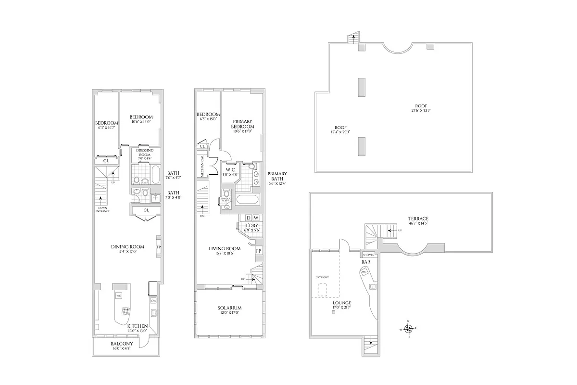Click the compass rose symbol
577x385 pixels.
click(x=408, y=329)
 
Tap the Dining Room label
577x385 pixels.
click(x=125, y=247)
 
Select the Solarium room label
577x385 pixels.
click(x=229, y=308)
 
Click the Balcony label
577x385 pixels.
click(x=122, y=344)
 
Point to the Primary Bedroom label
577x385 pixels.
click(x=243, y=124)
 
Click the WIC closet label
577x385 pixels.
click(x=230, y=169)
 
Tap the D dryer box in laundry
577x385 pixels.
click(x=248, y=218)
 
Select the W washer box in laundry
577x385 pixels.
click(x=256, y=218)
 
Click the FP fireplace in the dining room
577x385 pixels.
click(x=159, y=248)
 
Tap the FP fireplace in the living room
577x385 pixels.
click(x=259, y=251)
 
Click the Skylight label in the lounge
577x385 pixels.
click(x=322, y=278)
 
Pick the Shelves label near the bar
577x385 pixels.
click(x=369, y=255)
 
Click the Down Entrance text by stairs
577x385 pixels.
click(x=102, y=209)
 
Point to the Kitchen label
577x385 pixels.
click(x=137, y=326)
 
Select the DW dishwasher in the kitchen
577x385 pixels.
click(x=154, y=301)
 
